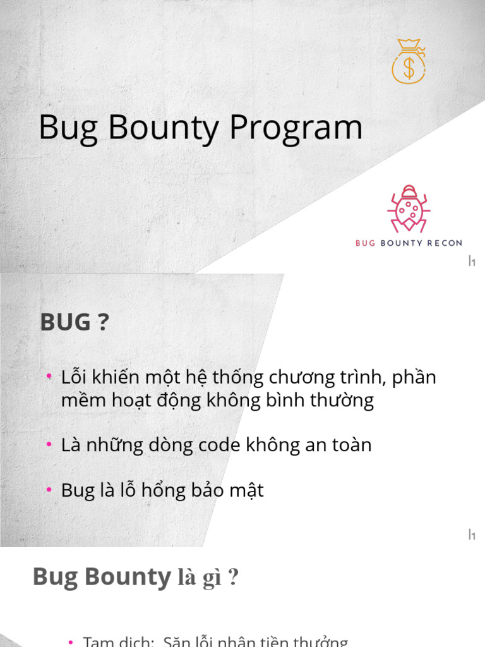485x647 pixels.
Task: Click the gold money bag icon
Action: tap(409, 61)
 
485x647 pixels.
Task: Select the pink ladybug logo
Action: tap(409, 209)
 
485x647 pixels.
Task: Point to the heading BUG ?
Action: tap(75, 322)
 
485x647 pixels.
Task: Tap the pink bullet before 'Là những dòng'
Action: tap(49, 445)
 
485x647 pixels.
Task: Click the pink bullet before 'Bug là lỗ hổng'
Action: tap(49, 490)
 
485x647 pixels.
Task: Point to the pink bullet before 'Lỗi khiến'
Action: tap(49, 377)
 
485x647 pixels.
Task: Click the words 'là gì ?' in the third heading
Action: tap(208, 578)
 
